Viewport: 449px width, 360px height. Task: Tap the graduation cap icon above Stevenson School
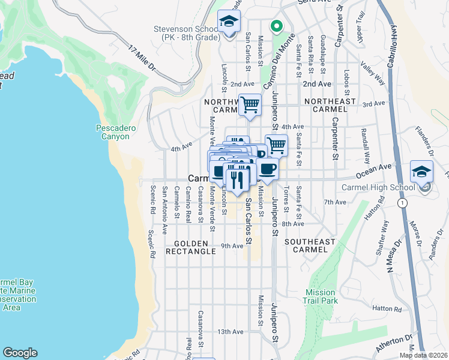(x=228, y=23)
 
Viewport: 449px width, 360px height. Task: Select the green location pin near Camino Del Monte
(x=276, y=26)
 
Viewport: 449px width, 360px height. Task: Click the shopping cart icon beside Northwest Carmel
(x=250, y=104)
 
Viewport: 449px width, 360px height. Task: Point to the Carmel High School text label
(x=378, y=188)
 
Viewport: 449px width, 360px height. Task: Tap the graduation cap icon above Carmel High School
(x=421, y=171)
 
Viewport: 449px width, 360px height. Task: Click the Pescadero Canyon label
(x=112, y=132)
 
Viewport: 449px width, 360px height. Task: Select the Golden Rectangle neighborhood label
(x=194, y=247)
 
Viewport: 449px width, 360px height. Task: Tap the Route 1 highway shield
(x=400, y=203)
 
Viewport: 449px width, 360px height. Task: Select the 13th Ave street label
(x=230, y=331)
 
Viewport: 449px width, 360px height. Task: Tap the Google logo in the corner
(x=20, y=353)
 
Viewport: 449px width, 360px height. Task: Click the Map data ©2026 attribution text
(x=423, y=355)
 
